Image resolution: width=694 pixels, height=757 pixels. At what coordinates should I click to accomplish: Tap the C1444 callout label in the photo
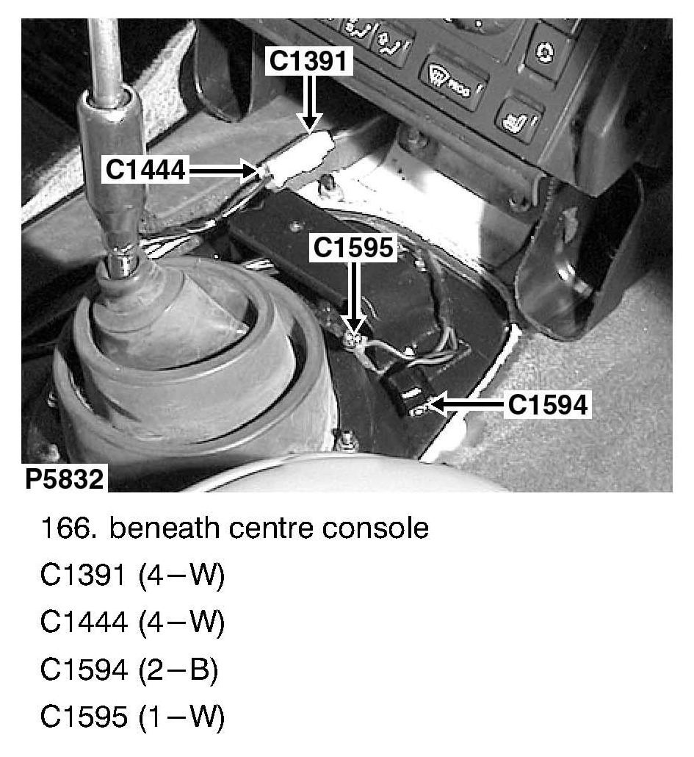[145, 171]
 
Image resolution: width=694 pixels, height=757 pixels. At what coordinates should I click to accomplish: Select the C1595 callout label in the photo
[354, 248]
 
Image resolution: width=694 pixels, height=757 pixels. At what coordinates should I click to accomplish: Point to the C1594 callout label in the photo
[548, 404]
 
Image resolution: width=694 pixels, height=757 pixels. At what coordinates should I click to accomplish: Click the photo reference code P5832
[64, 479]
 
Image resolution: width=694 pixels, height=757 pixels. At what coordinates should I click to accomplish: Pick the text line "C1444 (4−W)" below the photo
[132, 623]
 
